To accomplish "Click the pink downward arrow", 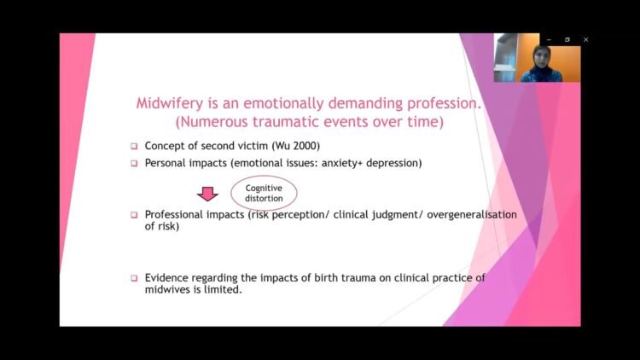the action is (x=207, y=194).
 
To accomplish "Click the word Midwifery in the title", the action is (x=170, y=103).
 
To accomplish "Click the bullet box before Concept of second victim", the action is (x=134, y=146).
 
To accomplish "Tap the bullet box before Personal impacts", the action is (x=134, y=163).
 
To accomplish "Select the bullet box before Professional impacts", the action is (x=134, y=215).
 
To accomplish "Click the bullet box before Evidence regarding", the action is (x=134, y=278).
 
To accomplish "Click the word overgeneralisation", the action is (x=472, y=215).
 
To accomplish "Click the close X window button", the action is (x=585, y=39).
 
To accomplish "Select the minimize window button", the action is (x=549, y=39).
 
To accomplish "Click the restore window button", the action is (x=567, y=39).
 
